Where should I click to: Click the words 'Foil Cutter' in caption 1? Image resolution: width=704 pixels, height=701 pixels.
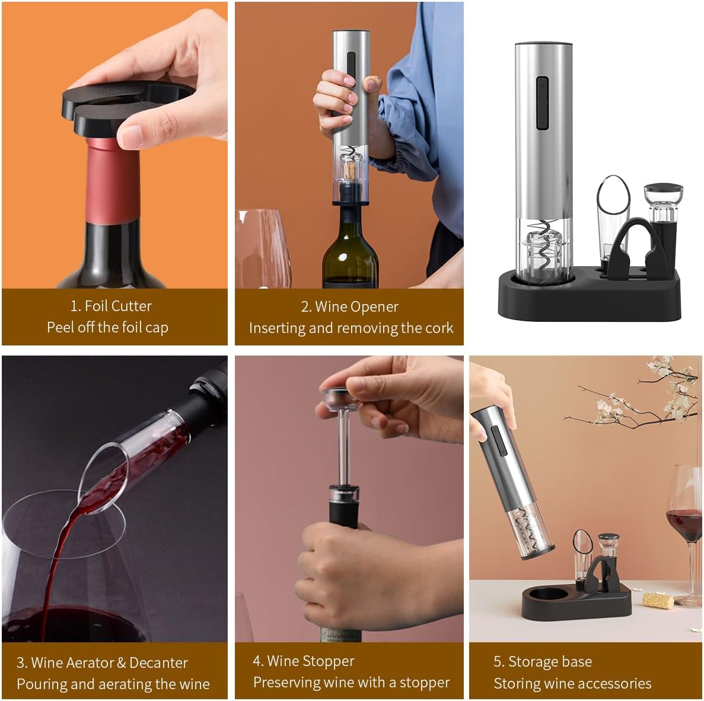118,306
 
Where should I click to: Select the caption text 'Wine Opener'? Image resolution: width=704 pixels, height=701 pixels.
356,306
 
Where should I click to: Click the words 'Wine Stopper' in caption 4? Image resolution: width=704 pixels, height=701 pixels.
310,661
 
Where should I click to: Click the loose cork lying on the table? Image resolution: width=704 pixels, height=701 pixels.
658,600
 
